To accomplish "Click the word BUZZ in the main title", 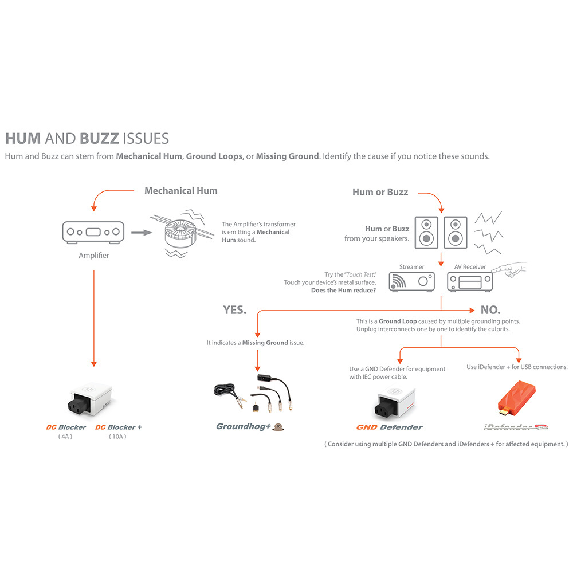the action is click(99, 139).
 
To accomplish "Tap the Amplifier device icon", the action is click(93, 233).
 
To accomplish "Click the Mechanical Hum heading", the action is click(181, 191).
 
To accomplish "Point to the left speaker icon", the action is click(426, 233).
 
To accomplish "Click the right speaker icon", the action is click(456, 233).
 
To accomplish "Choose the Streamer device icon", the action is click(411, 282).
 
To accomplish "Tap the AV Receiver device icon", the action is click(470, 282).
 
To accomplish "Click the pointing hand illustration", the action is click(510, 269).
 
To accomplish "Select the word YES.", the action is click(234, 310).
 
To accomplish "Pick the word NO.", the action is click(490, 310).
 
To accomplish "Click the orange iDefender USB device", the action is click(517, 398).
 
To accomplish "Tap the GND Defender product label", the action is click(389, 427).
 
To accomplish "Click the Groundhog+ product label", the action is click(244, 426).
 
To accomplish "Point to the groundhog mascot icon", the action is click(278, 427).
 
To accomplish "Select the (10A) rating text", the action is click(117, 437).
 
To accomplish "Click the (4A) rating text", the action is click(65, 437).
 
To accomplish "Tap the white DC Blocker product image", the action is click(90, 400).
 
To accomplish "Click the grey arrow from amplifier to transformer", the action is click(142, 233).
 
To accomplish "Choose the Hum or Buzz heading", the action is click(380, 192).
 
